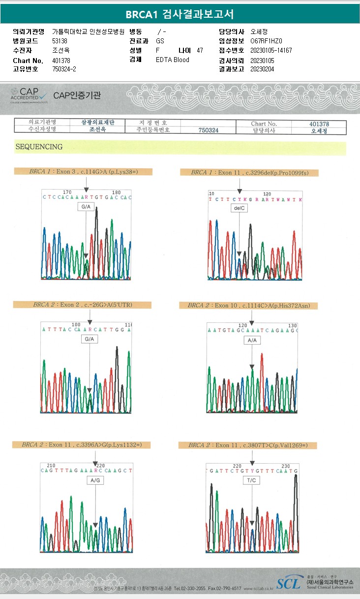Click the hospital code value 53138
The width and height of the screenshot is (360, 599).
tap(60, 41)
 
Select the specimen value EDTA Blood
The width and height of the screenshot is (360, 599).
tap(172, 60)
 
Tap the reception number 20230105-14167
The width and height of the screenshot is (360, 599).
tap(271, 50)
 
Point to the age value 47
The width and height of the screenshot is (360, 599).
tap(199, 50)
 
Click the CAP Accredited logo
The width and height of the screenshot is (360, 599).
tap(29, 94)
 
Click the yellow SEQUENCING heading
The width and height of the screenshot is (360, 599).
tap(39, 147)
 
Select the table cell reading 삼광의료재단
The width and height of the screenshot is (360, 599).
tap(98, 123)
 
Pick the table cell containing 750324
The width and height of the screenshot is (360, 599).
tap(208, 130)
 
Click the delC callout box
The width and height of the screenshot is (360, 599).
tap(239, 208)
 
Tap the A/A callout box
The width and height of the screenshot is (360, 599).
tap(252, 340)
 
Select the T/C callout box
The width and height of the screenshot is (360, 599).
tap(252, 480)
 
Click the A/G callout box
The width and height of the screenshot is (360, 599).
tap(94, 480)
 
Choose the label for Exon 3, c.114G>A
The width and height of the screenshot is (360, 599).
tap(83, 172)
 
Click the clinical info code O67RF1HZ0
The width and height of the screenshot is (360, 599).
tap(267, 41)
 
